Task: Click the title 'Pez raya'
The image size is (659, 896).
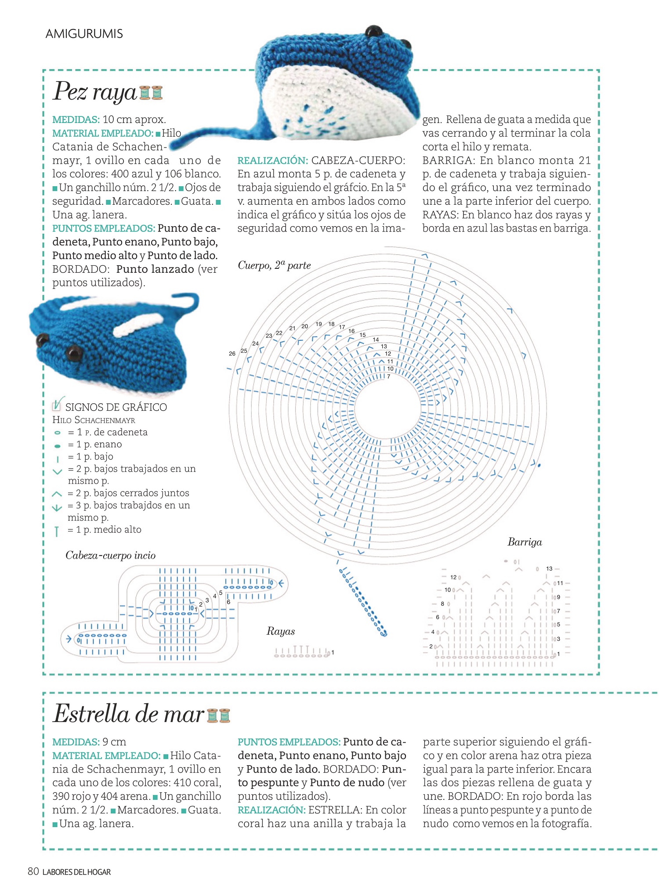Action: [95, 92]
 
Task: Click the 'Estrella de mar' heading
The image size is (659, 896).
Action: [129, 714]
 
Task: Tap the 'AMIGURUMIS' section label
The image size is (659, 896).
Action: [84, 34]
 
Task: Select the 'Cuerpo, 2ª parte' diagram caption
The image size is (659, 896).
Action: [274, 265]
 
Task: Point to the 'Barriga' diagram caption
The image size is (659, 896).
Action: [525, 542]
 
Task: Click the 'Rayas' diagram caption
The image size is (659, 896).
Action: [280, 631]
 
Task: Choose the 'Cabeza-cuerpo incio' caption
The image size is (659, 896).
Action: [110, 556]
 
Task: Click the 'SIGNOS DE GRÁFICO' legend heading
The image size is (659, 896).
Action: [116, 407]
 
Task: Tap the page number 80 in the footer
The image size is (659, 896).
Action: [33, 871]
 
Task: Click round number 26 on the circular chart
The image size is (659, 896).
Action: [232, 354]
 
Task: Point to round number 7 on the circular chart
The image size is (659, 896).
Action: [388, 376]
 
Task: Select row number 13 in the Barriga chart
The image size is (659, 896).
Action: [549, 568]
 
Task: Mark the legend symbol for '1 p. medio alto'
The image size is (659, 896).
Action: [57, 531]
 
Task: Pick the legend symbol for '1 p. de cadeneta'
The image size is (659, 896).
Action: [57, 433]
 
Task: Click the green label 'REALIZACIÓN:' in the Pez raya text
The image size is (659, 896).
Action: [272, 161]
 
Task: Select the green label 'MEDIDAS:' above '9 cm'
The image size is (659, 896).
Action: [76, 742]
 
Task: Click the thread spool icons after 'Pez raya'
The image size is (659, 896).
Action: [151, 93]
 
